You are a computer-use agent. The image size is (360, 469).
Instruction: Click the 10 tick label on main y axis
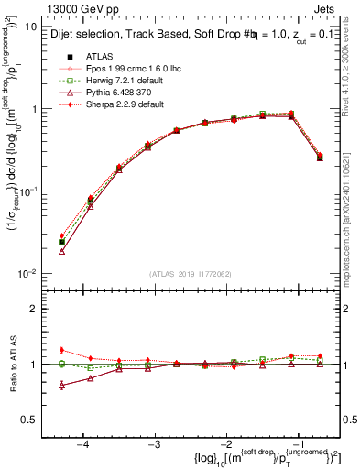click(31, 27)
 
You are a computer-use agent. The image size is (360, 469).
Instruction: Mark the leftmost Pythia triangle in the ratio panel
click(61, 386)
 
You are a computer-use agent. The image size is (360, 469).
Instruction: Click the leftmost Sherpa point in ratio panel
click(61, 350)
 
